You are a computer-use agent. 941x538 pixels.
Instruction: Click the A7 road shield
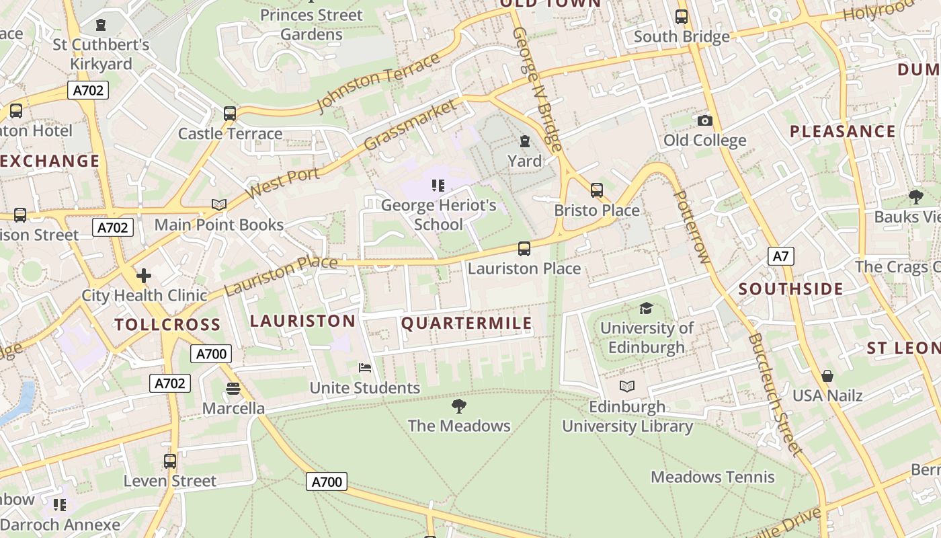coord(780,256)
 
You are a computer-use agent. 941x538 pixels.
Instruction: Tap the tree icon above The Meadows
coord(459,406)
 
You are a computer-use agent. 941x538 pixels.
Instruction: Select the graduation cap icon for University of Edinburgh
coord(646,308)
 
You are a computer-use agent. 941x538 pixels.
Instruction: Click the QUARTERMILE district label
coord(466,323)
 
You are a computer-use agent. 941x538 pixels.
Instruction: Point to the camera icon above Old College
coord(704,120)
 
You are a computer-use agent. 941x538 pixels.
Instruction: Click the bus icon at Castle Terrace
coord(230,114)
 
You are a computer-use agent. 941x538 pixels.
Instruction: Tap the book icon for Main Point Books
coord(218,204)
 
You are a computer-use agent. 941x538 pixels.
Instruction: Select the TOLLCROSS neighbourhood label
coord(167,325)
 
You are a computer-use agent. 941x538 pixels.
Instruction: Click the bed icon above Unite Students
coord(365,368)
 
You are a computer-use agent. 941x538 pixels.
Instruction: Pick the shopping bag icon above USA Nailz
coord(827,375)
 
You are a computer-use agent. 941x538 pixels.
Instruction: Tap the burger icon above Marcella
coord(233,388)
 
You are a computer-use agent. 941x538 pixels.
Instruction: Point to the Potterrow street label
coord(691,227)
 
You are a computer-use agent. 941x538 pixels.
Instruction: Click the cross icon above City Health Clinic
coord(143,275)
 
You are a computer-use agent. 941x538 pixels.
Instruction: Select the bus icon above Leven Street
coord(170,461)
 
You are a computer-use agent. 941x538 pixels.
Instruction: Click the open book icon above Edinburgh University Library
coord(627,387)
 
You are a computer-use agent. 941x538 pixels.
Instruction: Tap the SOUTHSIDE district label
coord(790,289)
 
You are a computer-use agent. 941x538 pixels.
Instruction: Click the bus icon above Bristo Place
coord(597,190)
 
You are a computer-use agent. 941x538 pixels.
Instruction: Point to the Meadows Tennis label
coord(712,477)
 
